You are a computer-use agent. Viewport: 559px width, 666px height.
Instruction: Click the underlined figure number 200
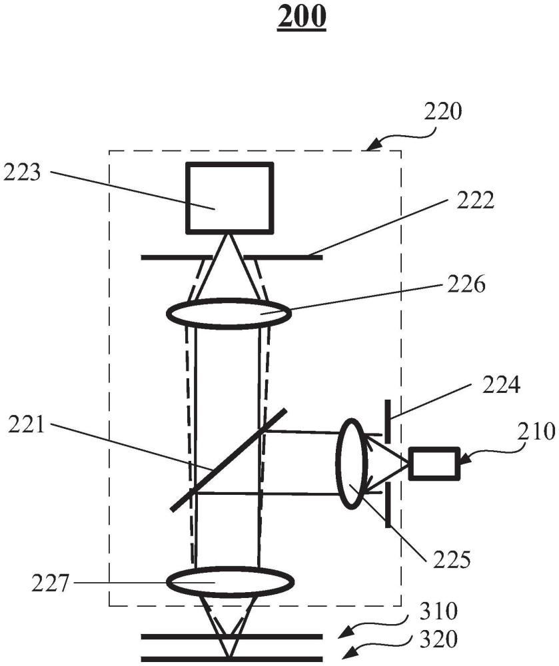point(302,17)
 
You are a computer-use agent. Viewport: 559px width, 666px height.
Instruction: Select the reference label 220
point(442,112)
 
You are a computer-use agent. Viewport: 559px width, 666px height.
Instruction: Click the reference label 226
point(466,284)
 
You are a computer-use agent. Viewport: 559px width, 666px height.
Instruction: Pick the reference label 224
point(501,385)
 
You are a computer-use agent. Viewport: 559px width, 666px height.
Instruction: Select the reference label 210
point(536,432)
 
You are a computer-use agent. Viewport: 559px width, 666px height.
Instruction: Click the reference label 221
point(27,425)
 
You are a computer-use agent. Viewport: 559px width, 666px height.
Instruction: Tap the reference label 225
point(452,559)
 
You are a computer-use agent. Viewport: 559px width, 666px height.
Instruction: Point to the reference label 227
point(50,583)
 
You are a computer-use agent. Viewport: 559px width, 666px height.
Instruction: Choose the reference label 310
point(438,611)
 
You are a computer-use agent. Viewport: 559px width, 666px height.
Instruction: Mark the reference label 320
point(438,639)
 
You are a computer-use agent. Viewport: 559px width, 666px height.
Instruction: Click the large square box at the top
point(229,198)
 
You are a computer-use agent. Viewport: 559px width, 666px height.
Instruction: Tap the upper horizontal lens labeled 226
point(229,314)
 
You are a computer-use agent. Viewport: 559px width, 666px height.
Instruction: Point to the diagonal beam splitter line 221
point(229,459)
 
